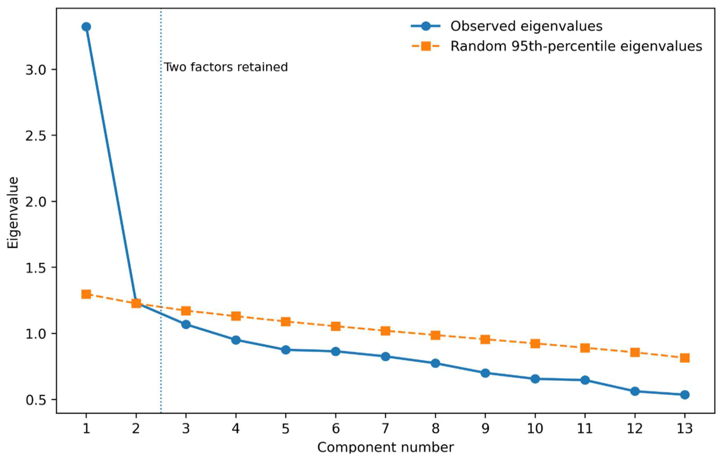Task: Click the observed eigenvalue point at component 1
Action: [86, 27]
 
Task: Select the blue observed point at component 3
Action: [186, 324]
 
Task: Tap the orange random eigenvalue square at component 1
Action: [86, 294]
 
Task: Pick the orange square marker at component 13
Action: [685, 358]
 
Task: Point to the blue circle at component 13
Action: [685, 395]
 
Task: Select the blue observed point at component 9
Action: [485, 373]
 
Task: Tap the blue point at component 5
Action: [286, 350]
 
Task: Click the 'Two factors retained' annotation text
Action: [226, 67]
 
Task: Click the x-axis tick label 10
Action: [535, 429]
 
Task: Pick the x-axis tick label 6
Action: [336, 429]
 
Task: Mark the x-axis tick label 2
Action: [136, 429]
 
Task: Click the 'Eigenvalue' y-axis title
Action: [13, 213]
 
